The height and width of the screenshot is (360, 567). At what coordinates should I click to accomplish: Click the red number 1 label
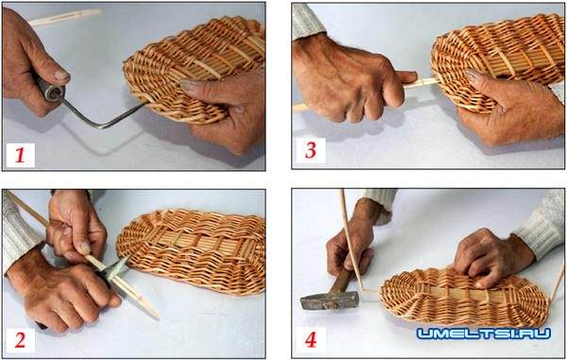tap(20, 155)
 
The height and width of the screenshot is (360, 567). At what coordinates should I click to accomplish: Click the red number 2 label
tap(20, 340)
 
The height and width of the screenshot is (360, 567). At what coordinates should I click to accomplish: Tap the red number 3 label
tap(310, 149)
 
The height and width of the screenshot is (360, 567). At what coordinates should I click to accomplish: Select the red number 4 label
tap(311, 339)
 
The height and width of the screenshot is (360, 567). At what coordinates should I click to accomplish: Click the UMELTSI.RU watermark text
tap(484, 334)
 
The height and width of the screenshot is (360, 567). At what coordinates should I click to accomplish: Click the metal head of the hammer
tap(330, 300)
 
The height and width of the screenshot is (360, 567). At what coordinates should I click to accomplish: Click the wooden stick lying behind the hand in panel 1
tap(64, 17)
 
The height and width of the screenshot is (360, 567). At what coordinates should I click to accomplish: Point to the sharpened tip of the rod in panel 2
tap(156, 317)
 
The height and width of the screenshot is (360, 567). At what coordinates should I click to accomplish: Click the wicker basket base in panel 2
tap(191, 250)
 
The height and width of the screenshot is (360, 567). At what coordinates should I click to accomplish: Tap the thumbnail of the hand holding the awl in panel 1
tap(61, 76)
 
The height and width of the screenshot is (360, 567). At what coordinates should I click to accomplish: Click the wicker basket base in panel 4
tap(464, 297)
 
